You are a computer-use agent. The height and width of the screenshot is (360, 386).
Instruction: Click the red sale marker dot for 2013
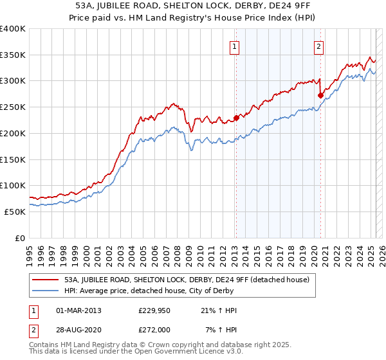click(236, 118)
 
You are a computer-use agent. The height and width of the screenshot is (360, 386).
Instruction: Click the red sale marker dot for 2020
click(320, 95)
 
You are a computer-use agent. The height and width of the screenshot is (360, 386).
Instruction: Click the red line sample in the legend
click(45, 280)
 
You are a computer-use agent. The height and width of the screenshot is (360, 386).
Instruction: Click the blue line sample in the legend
click(45, 291)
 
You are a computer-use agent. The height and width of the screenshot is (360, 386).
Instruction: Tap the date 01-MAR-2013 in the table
click(78, 310)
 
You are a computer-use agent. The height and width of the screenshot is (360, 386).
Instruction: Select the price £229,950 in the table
click(154, 310)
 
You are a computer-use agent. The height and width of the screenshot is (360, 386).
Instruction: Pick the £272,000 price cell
click(154, 330)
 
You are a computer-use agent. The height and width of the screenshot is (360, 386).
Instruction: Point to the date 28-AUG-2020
click(78, 330)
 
